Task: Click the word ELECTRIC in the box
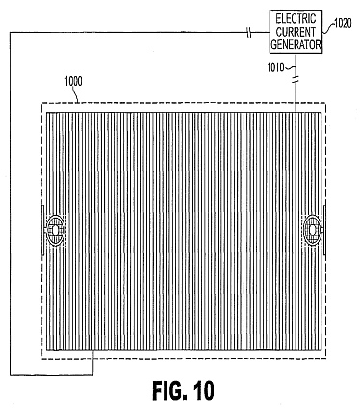(296, 19)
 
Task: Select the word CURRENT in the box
(296, 32)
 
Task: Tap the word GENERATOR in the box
(296, 44)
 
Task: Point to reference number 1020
(343, 23)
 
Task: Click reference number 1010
(275, 67)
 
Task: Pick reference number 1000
(73, 81)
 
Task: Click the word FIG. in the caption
(169, 391)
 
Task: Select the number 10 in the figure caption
(203, 391)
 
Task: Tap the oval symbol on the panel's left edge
(55, 230)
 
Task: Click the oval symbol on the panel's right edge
(312, 230)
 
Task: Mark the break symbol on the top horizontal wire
(249, 32)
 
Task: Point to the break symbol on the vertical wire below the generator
(296, 79)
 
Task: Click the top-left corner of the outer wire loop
(11, 32)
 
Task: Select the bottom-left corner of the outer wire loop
(11, 375)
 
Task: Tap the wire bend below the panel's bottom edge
(93, 375)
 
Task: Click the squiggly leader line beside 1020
(328, 28)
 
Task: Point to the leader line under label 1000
(77, 94)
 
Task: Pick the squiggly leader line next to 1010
(290, 67)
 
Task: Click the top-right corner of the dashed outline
(326, 103)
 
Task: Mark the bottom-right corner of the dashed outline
(326, 359)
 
